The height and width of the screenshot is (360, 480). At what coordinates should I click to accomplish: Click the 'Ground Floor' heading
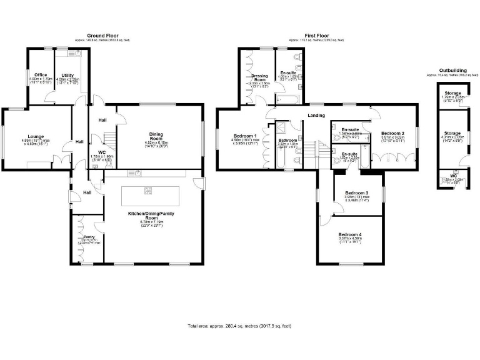[102, 36]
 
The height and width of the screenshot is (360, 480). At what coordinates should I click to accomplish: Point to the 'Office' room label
[41, 75]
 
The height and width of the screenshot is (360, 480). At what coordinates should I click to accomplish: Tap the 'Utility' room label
[67, 75]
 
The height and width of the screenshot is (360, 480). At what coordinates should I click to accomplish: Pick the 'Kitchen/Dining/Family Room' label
[149, 214]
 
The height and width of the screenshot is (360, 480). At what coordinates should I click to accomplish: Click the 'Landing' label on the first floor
[315, 115]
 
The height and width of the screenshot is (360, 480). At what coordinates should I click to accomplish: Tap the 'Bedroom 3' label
[357, 192]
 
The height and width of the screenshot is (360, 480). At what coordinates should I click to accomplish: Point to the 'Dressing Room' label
[259, 78]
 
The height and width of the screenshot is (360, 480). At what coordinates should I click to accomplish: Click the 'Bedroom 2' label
[393, 133]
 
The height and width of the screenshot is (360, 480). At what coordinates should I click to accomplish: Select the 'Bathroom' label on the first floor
[287, 140]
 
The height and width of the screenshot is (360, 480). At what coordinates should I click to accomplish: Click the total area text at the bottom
[239, 326]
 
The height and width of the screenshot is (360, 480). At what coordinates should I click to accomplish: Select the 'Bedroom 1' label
[245, 136]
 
